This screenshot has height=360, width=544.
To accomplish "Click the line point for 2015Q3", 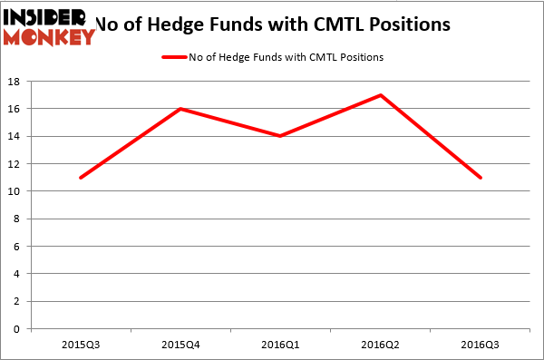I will (81, 177).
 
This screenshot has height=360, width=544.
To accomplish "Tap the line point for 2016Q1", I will (280, 136).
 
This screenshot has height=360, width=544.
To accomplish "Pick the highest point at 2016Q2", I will (380, 95).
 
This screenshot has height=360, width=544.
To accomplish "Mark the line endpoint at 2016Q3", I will (480, 177).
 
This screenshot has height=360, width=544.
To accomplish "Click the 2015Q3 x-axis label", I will (81, 345).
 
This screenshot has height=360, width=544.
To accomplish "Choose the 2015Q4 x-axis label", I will (180, 345).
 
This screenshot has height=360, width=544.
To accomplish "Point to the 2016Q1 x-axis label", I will (280, 345).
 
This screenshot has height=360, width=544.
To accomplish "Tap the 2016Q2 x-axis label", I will (380, 345).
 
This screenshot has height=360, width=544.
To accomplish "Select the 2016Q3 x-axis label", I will (480, 345).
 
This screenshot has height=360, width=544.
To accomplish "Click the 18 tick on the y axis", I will (16, 82).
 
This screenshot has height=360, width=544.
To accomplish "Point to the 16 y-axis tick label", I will (16, 109).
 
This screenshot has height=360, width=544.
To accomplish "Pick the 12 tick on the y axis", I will (16, 164).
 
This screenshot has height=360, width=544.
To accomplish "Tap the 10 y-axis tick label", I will (16, 191).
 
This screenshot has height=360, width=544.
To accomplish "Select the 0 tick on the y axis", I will (19, 329).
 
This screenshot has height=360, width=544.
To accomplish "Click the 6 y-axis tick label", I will (19, 247).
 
